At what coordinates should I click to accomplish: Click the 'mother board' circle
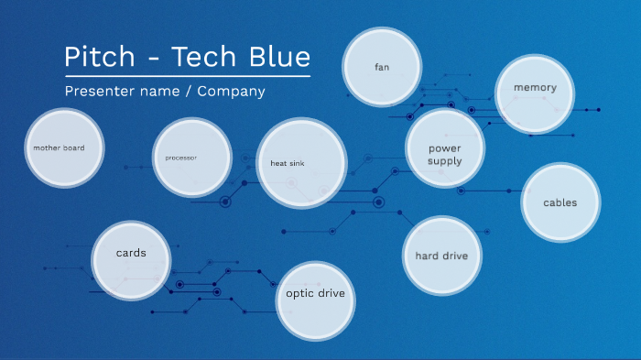(x=64, y=147)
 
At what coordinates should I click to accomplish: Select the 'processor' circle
(x=191, y=158)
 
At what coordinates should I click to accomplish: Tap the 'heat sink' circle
(x=301, y=163)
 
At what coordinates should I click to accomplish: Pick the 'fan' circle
(x=382, y=67)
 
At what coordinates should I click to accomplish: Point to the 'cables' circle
(x=560, y=202)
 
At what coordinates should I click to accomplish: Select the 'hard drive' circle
(x=441, y=256)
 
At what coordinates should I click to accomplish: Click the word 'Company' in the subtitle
(x=231, y=92)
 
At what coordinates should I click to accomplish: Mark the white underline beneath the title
(x=187, y=76)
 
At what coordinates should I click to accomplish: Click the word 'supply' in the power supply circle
(x=445, y=161)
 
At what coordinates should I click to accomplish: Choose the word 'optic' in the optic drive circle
(x=299, y=295)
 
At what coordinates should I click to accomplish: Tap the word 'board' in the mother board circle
(x=73, y=147)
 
